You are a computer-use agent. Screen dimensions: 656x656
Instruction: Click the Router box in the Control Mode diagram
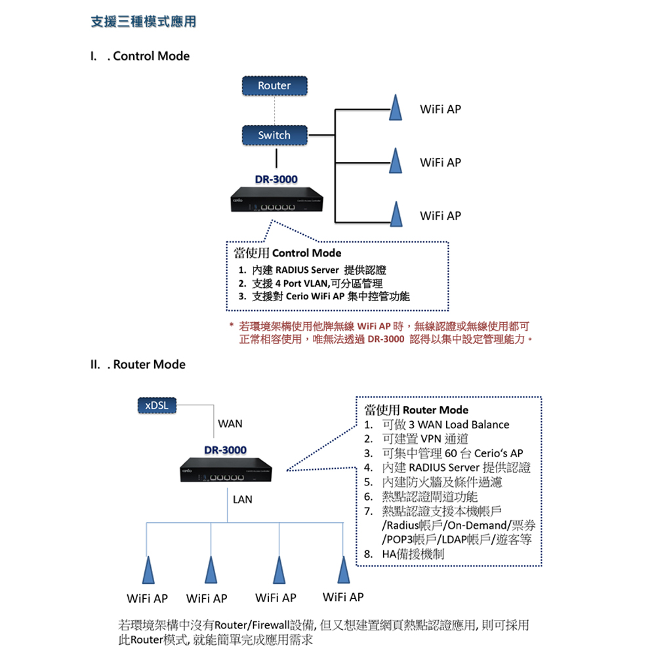tap(274, 86)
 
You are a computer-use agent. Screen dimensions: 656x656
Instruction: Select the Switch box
tap(274, 135)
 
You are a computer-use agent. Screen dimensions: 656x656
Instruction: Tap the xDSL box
tap(156, 405)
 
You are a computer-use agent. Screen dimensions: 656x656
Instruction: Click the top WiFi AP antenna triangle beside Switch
tap(395, 109)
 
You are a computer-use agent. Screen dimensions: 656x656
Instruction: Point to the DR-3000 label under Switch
tap(276, 179)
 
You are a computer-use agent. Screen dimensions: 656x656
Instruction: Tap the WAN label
tap(230, 424)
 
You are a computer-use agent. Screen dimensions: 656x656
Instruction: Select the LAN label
tap(242, 500)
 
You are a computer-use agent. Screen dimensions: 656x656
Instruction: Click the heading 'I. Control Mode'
tap(140, 56)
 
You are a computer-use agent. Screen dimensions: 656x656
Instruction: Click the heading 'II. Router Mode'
tap(138, 365)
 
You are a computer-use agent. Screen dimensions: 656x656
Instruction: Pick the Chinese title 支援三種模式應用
tap(143, 22)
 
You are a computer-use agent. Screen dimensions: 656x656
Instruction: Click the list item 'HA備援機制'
tap(413, 554)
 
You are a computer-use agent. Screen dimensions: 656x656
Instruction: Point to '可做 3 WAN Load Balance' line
tap(445, 424)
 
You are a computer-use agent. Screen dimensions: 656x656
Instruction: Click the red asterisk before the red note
tap(232, 326)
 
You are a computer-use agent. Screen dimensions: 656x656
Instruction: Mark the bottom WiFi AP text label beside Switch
tap(440, 216)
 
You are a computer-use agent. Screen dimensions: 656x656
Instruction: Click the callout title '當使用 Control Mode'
tap(288, 253)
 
